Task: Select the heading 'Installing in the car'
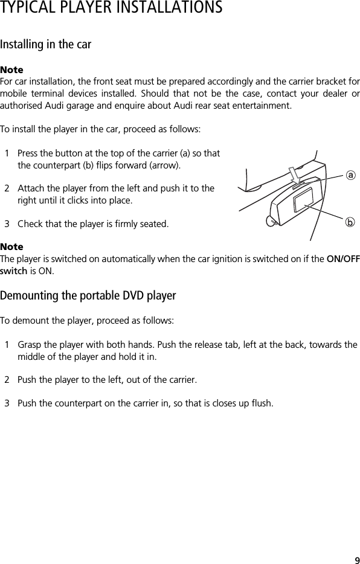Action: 46,45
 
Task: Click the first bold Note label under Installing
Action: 11,70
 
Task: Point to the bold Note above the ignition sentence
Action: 11,247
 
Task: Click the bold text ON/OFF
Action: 342,259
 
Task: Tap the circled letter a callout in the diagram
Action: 349,175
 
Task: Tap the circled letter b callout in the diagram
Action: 349,222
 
